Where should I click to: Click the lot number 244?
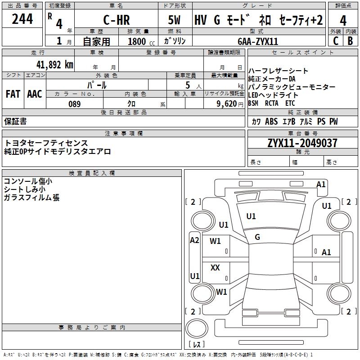point(22,19)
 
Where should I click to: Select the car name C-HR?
point(117,20)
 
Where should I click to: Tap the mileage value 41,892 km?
point(54,65)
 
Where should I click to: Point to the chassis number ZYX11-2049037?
point(302,143)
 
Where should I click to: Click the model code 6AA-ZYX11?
point(258,41)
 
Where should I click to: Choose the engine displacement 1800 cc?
point(141,41)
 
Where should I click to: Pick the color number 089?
point(74,104)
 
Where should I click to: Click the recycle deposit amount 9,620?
point(227,104)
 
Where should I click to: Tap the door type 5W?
point(174,20)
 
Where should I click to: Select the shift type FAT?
point(13,94)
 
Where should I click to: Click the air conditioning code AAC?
point(35,94)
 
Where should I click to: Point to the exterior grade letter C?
point(336,41)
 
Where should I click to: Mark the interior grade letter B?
point(350,41)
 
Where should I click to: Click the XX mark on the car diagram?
point(215,267)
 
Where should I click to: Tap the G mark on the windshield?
point(257,237)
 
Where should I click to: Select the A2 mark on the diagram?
point(194,240)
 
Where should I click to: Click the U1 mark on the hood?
point(251,216)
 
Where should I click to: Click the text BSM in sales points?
point(253,103)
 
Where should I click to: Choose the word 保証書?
point(15,121)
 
